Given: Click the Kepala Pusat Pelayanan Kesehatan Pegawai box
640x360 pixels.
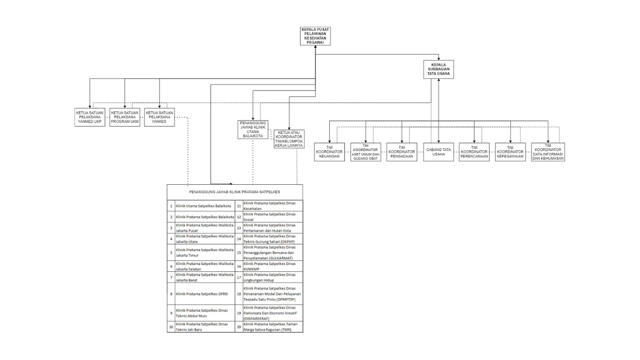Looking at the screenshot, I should coord(315,36).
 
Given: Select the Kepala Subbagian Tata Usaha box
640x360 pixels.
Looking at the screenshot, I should coord(439,69).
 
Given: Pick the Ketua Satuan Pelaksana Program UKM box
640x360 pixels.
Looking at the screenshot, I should coord(125,117).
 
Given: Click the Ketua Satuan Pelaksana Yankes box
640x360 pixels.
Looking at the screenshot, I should coord(159,117).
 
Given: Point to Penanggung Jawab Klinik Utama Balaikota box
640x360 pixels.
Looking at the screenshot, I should coord(253,129).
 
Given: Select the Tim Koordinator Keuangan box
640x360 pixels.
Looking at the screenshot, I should coord(329,152).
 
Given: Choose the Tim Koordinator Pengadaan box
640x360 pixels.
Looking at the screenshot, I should coord(402,152).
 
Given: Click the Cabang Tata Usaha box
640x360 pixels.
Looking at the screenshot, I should coord(439,152).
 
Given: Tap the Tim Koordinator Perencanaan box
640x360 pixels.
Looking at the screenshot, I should coord(474,152).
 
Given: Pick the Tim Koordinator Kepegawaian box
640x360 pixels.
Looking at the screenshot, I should coord(510,152).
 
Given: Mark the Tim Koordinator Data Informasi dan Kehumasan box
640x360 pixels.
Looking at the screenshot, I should coord(548,152).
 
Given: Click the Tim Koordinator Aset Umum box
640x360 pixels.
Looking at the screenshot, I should coord(366,152).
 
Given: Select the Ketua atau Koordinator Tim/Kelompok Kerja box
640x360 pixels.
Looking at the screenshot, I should coord(289,139).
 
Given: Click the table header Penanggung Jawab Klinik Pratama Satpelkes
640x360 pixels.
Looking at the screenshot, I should coord(235,192).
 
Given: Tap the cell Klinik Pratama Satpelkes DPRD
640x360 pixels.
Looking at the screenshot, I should coord(205,294).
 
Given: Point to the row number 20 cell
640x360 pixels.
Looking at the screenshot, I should coord(239,327).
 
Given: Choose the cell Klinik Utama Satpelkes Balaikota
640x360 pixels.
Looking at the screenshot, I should coord(204,206).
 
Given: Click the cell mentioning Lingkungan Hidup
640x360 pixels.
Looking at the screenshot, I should coord(272,277).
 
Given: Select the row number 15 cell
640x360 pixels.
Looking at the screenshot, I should coord(239,253).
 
